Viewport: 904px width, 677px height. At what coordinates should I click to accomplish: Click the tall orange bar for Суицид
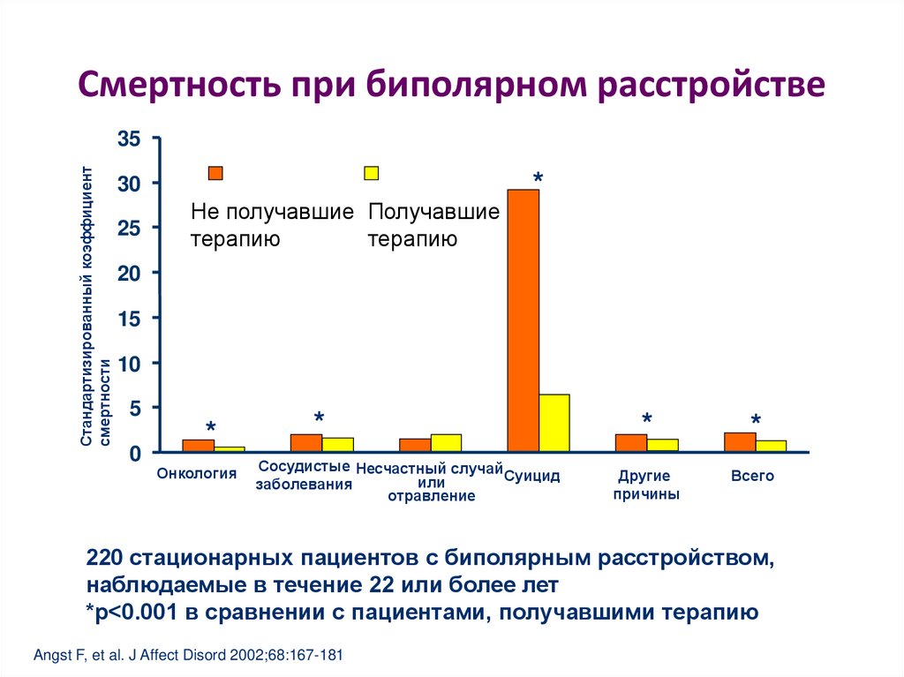pyautogui.click(x=523, y=320)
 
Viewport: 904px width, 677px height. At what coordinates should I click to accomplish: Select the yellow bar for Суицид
pyautogui.click(x=554, y=423)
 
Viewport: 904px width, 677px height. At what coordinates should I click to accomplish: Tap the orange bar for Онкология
pyautogui.click(x=198, y=446)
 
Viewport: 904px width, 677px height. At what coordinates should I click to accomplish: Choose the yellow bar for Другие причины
pyautogui.click(x=662, y=445)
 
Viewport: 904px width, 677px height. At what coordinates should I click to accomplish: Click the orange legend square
pyautogui.click(x=215, y=173)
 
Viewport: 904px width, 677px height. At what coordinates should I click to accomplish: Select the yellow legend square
pyautogui.click(x=372, y=173)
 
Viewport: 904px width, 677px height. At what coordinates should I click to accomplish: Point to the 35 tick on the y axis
pyautogui.click(x=129, y=139)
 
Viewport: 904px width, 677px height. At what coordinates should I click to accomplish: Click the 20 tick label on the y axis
pyautogui.click(x=129, y=274)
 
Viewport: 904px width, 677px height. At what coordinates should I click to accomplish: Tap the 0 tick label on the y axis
pyautogui.click(x=135, y=454)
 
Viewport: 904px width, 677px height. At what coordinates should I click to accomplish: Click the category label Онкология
pyautogui.click(x=197, y=474)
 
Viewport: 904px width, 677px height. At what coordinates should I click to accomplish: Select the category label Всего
pyautogui.click(x=752, y=476)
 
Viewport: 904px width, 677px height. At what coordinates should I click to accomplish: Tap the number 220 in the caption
pyautogui.click(x=104, y=560)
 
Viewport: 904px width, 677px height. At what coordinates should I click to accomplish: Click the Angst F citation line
pyautogui.click(x=187, y=656)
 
